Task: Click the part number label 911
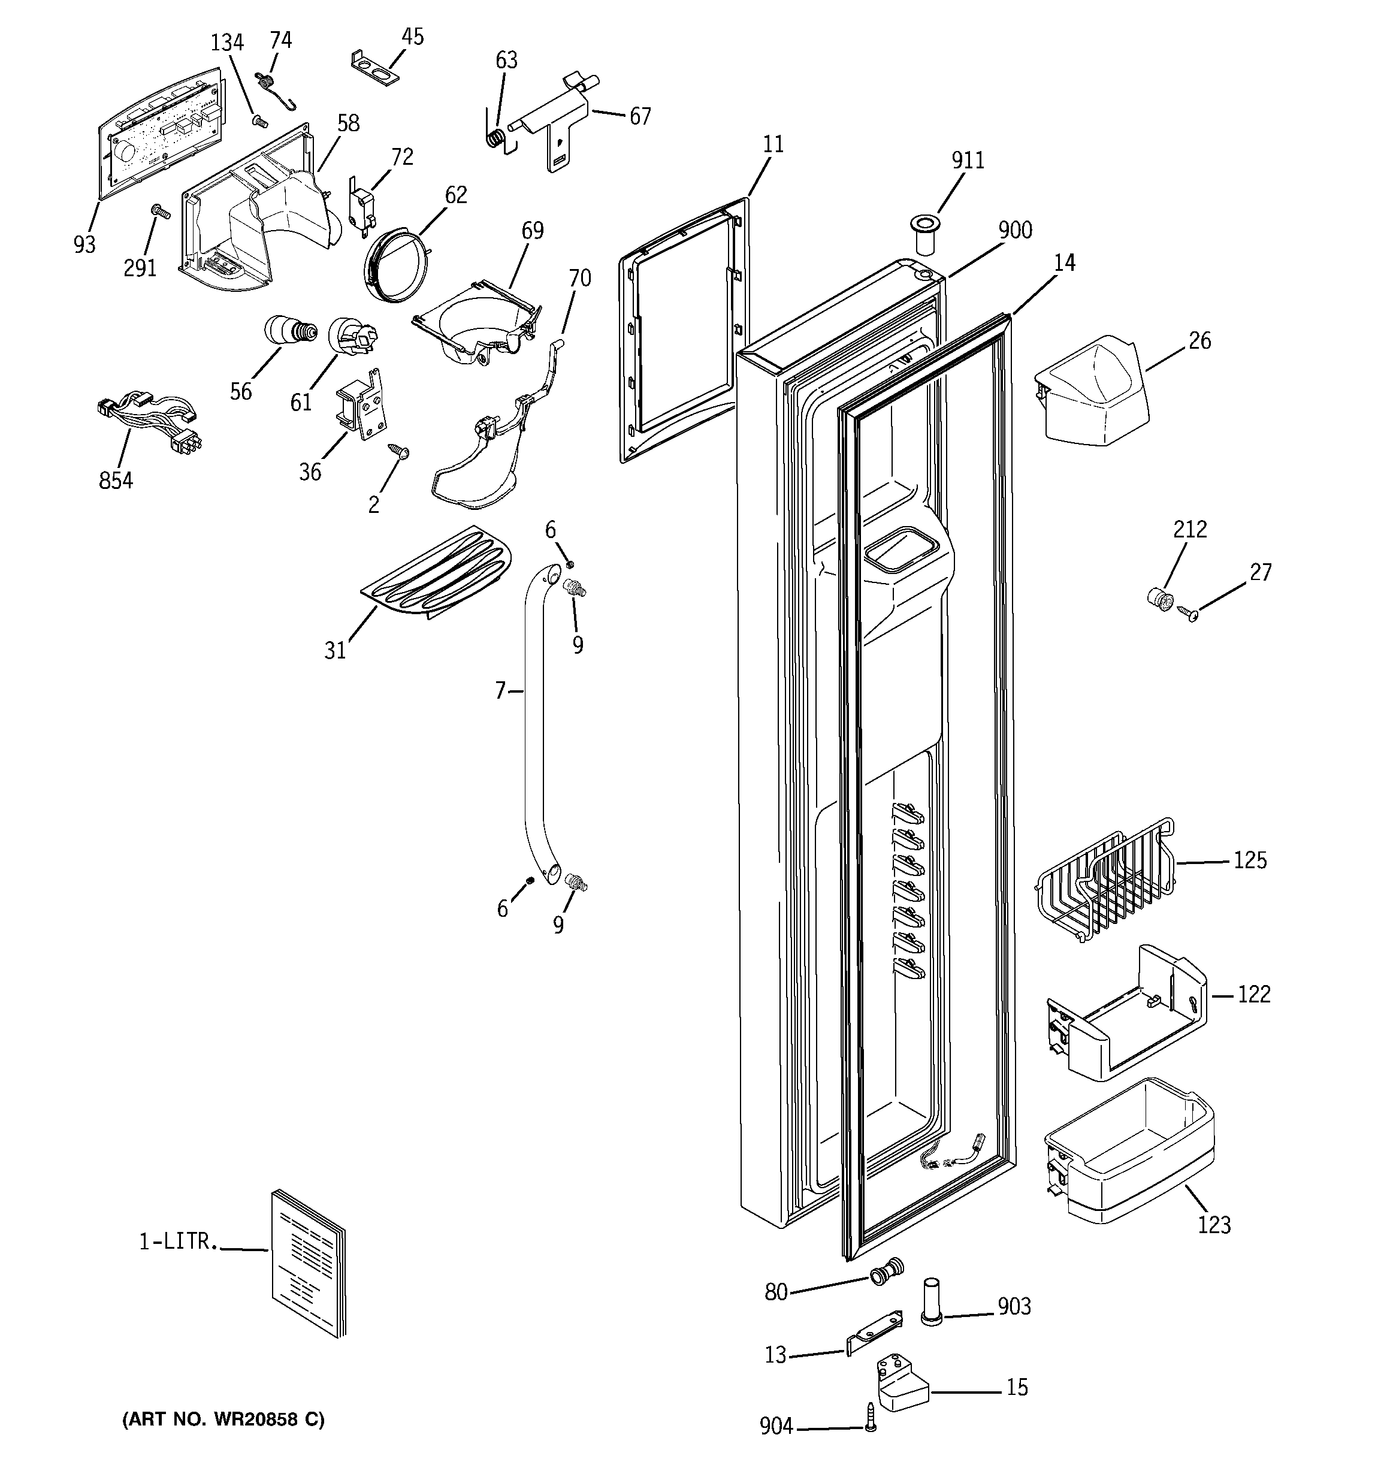(968, 161)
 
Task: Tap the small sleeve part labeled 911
(924, 232)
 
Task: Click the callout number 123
(1214, 1225)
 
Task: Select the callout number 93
(84, 244)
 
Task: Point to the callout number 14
(1065, 262)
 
